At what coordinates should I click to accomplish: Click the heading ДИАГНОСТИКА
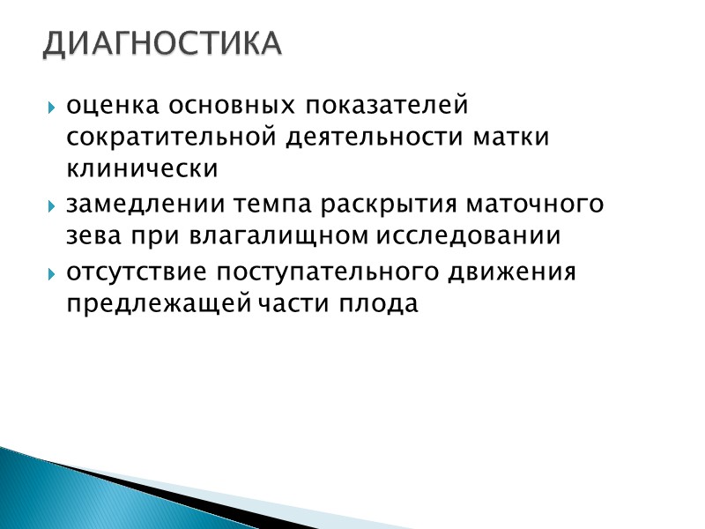(x=162, y=43)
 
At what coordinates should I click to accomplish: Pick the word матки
(x=515, y=138)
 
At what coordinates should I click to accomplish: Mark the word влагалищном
(x=280, y=235)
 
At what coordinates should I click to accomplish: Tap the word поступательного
(x=324, y=272)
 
